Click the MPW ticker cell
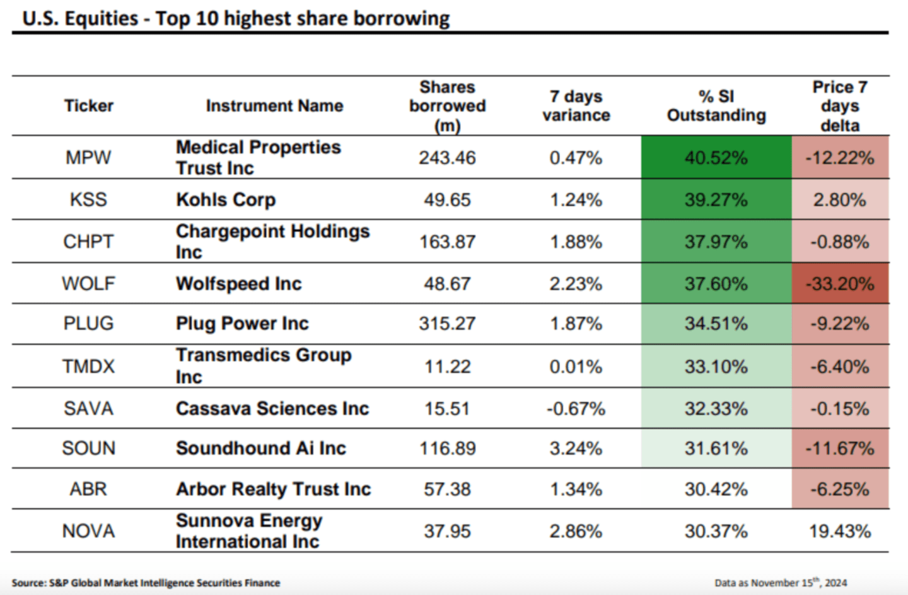click(88, 158)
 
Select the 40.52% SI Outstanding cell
click(716, 158)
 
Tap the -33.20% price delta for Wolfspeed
click(840, 284)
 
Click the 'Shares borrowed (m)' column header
click(447, 106)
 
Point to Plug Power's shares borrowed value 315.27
click(447, 324)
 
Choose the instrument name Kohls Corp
click(226, 200)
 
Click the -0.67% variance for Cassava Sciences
click(576, 408)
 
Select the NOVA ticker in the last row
click(88, 531)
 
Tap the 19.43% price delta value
click(840, 531)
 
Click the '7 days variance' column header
click(576, 106)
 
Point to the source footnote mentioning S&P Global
click(146, 583)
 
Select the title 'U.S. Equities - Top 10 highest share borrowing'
click(236, 19)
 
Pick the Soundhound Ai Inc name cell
click(261, 448)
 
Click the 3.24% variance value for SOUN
click(576, 448)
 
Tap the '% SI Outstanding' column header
click(716, 106)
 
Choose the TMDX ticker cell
click(88, 366)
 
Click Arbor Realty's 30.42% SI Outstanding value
click(716, 489)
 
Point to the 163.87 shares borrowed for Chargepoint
click(447, 242)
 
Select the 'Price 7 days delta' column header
click(840, 106)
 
